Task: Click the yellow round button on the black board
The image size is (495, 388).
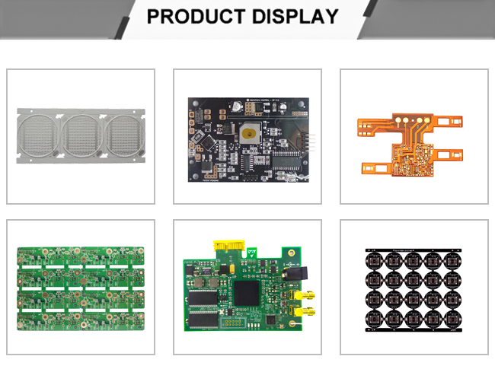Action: click(x=247, y=134)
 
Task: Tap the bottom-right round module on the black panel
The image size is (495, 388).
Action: click(x=450, y=317)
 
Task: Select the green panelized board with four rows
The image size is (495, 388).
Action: click(x=80, y=288)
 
